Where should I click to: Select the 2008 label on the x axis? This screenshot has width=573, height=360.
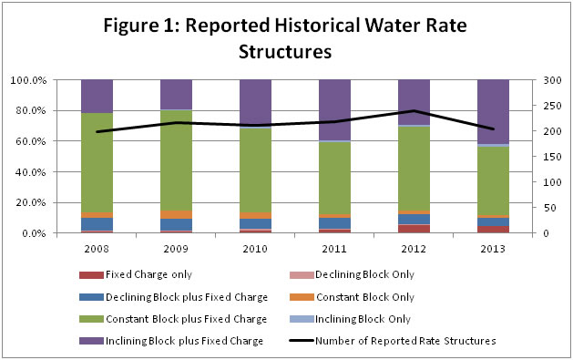(x=97, y=245)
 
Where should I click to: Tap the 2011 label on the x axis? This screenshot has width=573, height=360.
(x=334, y=245)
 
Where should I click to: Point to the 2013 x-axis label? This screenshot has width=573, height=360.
(x=493, y=245)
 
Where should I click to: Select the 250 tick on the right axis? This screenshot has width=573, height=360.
(x=549, y=106)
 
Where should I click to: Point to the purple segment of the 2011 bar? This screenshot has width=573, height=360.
(x=334, y=109)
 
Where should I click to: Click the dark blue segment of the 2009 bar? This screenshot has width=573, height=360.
(x=176, y=224)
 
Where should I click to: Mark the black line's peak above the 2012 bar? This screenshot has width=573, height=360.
(x=414, y=111)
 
